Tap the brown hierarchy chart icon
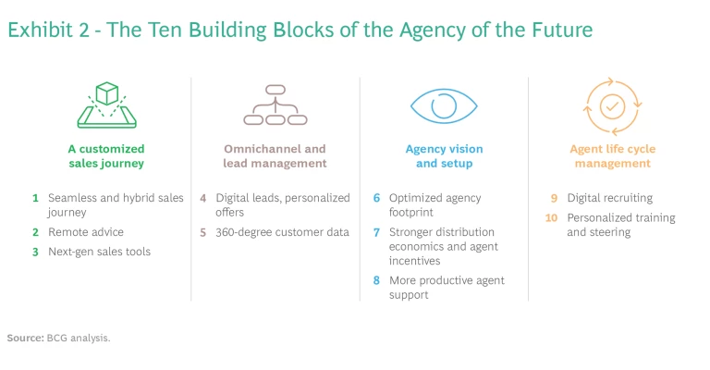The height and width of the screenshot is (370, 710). (275, 105)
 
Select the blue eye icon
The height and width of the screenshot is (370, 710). (444, 105)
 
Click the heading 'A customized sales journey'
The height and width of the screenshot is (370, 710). (106, 156)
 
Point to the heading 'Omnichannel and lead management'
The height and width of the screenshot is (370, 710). (275, 156)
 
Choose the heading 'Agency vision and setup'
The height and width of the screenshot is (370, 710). (444, 156)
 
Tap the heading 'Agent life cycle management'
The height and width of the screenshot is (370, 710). (612, 156)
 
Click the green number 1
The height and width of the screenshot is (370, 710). (35, 198)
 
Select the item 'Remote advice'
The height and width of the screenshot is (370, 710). (86, 232)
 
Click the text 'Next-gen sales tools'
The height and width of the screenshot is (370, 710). (99, 252)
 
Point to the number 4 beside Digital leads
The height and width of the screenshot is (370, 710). (203, 198)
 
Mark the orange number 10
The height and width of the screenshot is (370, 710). (552, 218)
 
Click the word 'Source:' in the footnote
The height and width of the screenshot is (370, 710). (25, 338)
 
